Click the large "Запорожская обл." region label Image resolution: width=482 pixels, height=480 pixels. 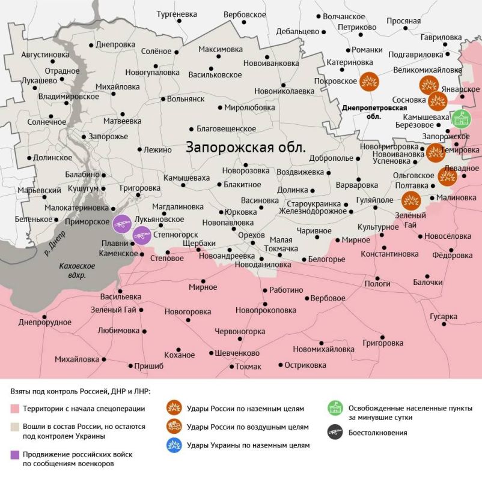(246, 147)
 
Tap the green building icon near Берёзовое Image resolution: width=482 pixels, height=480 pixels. (461, 119)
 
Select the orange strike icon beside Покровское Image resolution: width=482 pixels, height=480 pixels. (368, 81)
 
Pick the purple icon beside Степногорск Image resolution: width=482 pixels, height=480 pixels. (142, 235)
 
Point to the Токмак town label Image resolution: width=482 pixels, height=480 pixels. (248, 367)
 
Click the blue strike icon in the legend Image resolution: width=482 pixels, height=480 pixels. (175, 445)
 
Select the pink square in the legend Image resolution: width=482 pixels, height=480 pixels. (15, 409)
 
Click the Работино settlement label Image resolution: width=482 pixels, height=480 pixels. (286, 290)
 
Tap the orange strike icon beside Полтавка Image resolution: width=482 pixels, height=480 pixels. (411, 199)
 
